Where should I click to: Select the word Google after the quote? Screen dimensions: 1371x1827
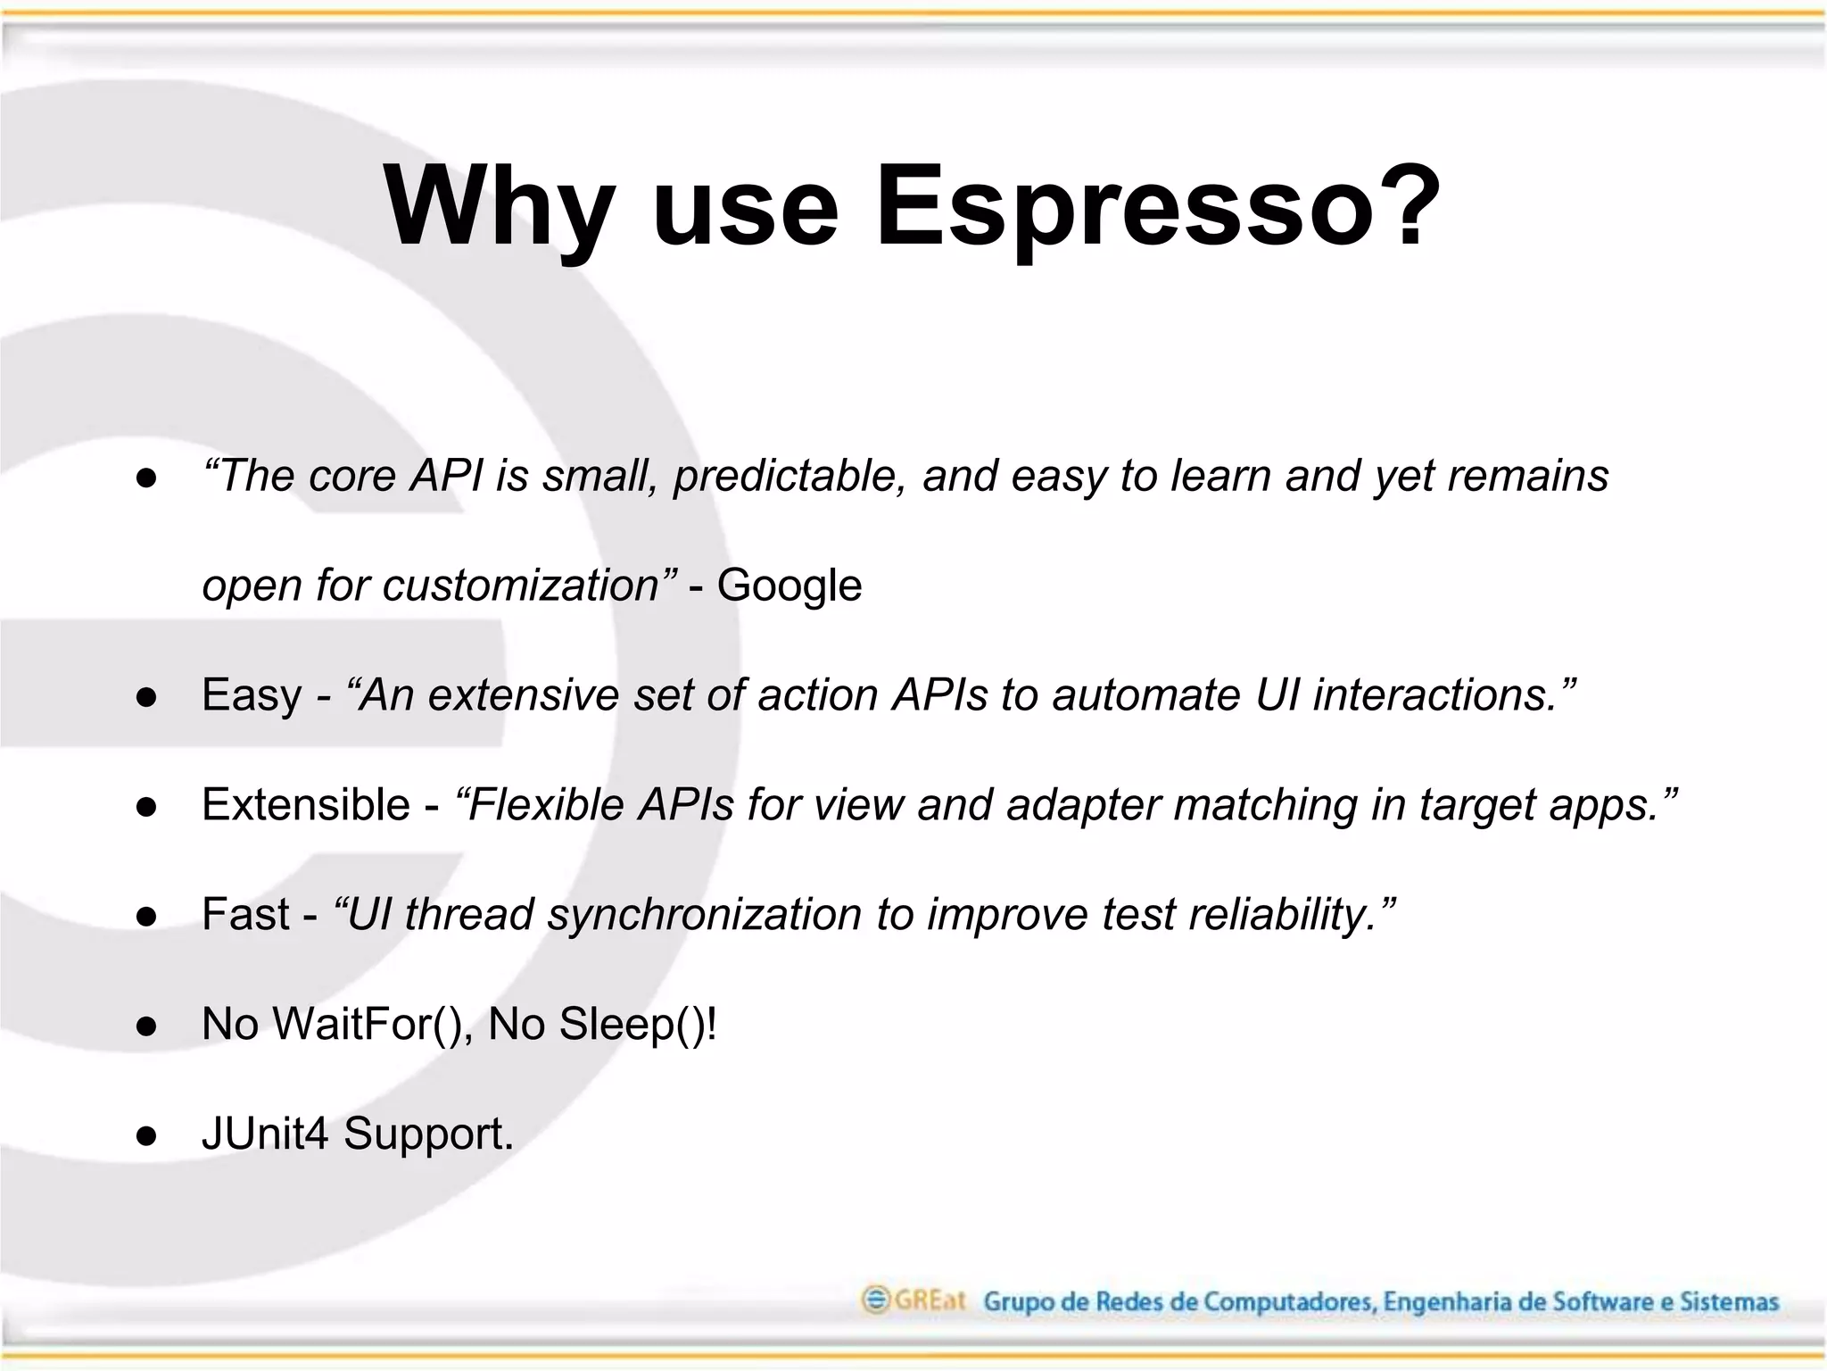789,586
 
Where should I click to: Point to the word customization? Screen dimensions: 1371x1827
521,586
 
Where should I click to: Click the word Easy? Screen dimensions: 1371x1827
252,695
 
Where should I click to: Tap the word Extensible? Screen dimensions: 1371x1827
305,804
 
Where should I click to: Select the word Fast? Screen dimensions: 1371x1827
245,914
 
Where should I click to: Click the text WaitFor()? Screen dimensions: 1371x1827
373,1024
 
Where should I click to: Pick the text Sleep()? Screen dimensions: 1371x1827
638,1024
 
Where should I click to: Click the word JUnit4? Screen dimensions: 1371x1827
265,1134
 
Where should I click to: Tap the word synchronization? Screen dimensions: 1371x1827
705,914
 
